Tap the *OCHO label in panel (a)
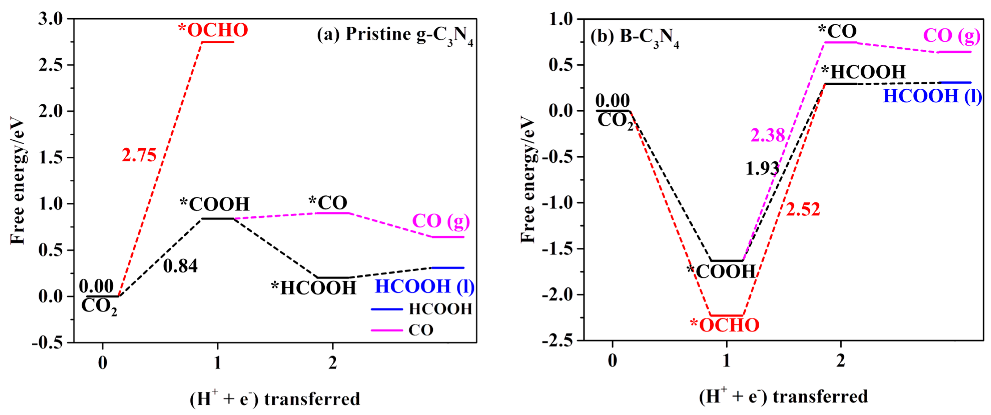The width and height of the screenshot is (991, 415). (213, 30)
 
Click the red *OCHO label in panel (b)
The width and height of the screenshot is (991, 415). (724, 325)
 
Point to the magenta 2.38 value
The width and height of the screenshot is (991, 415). (767, 135)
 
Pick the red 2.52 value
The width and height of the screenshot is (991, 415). (803, 209)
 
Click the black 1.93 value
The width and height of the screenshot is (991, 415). (762, 169)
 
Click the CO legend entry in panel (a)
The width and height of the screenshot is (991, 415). (402, 330)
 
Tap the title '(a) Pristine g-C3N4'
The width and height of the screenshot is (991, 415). (395, 35)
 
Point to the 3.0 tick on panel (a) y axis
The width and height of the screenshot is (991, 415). (51, 18)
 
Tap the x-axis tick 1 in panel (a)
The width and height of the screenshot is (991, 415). (218, 362)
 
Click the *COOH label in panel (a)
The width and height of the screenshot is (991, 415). (215, 204)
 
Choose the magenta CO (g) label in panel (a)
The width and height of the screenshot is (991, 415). (441, 221)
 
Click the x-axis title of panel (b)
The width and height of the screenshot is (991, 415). (783, 397)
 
